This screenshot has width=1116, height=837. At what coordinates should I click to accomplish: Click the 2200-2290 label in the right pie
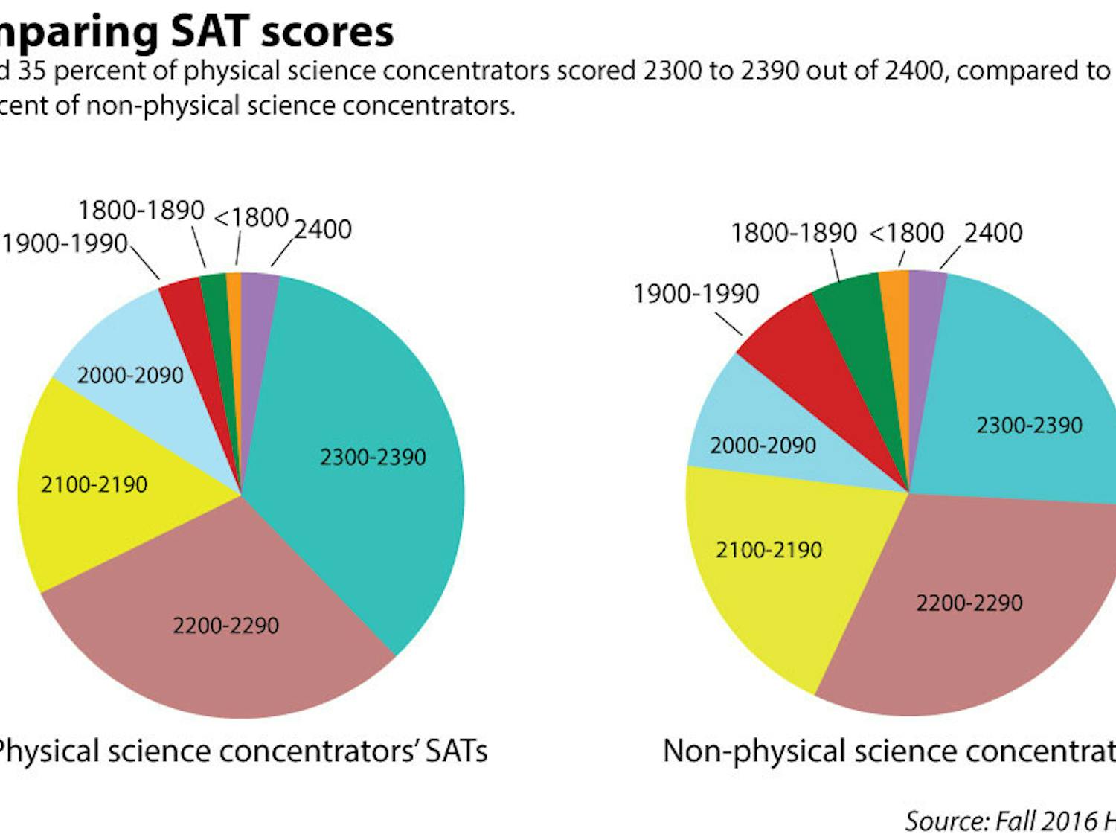click(x=969, y=603)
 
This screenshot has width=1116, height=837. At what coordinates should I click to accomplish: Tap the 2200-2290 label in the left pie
click(x=225, y=625)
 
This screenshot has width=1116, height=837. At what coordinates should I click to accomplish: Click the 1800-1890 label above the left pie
click(x=141, y=211)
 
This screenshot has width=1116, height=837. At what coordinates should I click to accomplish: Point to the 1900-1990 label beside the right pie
click(x=696, y=294)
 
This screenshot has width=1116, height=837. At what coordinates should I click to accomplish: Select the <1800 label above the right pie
click(x=906, y=234)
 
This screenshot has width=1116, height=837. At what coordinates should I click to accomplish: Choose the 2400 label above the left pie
click(x=323, y=230)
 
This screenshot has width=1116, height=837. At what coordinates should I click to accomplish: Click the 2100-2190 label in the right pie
click(x=769, y=551)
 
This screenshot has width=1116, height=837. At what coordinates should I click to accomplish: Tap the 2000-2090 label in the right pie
click(x=763, y=446)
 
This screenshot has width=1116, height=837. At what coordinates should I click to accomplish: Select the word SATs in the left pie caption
click(x=456, y=751)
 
